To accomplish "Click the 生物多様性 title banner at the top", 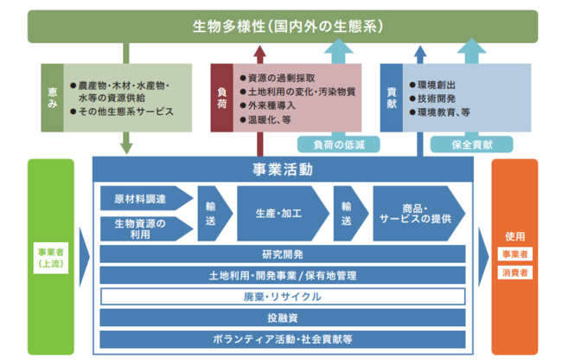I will [x=281, y=26].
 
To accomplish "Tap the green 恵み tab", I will [x=53, y=96].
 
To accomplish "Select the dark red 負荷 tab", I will [x=222, y=96].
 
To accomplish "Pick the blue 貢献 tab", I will [x=392, y=96].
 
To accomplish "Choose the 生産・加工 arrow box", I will [x=280, y=213].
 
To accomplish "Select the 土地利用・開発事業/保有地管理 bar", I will [x=283, y=275].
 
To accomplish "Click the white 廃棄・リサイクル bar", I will [x=283, y=297].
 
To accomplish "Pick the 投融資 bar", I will [x=283, y=318].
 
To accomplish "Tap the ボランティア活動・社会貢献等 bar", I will [x=283, y=338].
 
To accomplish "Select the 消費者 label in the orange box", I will [x=514, y=273].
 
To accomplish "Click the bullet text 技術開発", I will [x=436, y=98].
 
